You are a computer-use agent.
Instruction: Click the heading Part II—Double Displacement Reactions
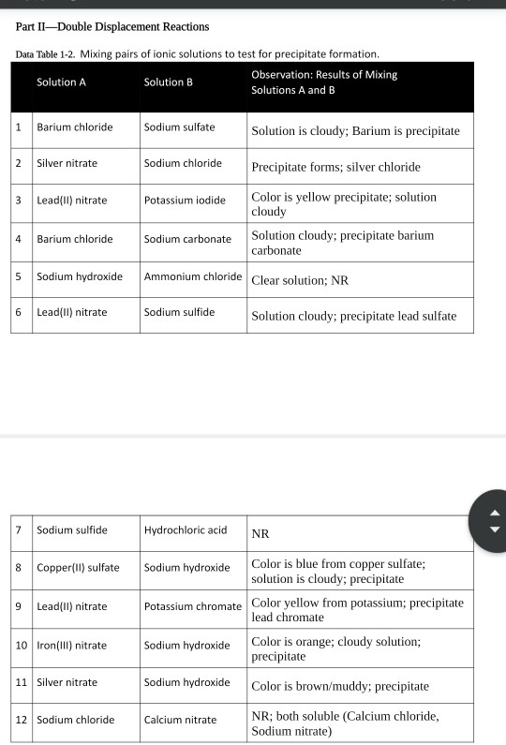pyautogui.click(x=112, y=25)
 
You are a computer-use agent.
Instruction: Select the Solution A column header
pyautogui.click(x=61, y=82)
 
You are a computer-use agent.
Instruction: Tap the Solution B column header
pyautogui.click(x=168, y=82)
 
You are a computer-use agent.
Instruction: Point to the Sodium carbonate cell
pyautogui.click(x=187, y=239)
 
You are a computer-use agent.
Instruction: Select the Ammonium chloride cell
pyautogui.click(x=193, y=277)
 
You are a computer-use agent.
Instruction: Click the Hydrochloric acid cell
pyautogui.click(x=186, y=530)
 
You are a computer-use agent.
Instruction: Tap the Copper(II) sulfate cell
pyautogui.click(x=78, y=568)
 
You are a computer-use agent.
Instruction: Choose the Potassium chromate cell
pyautogui.click(x=193, y=606)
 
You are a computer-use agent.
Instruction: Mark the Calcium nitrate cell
pyautogui.click(x=180, y=720)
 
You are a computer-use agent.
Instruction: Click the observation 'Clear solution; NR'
pyautogui.click(x=300, y=280)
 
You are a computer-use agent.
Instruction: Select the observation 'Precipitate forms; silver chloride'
pyautogui.click(x=335, y=167)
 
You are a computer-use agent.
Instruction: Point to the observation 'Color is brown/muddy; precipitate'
pyautogui.click(x=340, y=685)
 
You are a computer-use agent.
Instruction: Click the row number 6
pyautogui.click(x=18, y=312)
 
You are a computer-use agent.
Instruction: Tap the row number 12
pyautogui.click(x=20, y=720)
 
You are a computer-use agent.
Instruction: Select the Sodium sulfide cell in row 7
pyautogui.click(x=71, y=530)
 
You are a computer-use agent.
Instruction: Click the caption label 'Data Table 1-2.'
pyautogui.click(x=52, y=54)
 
